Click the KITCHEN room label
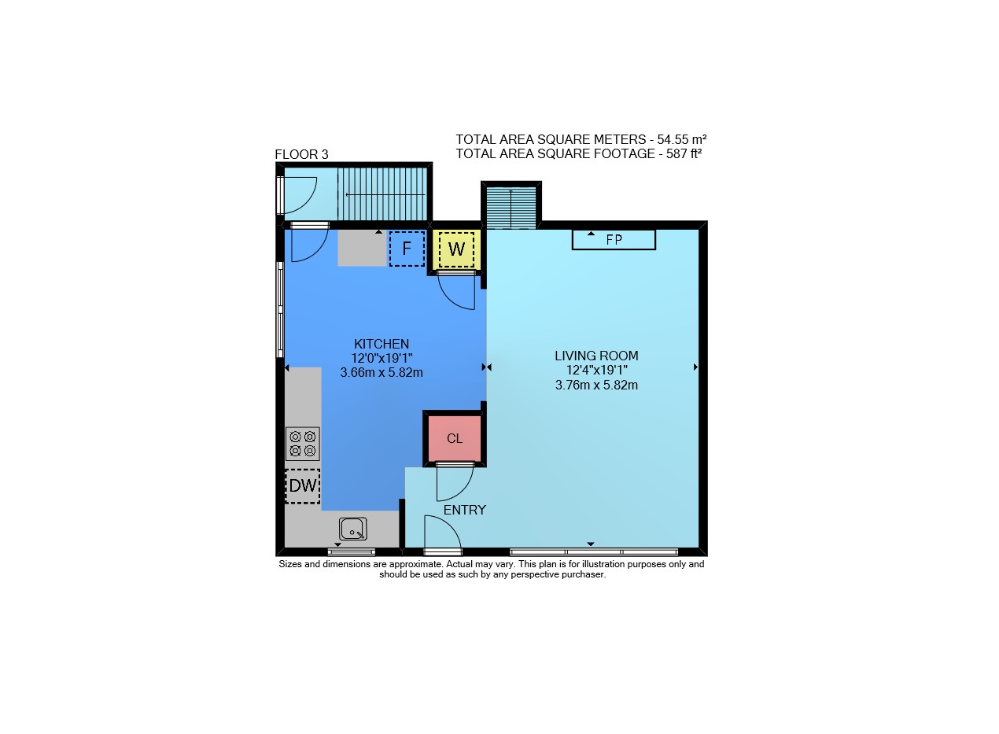pos(382,344)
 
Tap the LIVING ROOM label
pos(596,356)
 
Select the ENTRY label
pos(464,510)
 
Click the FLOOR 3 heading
pos(301,155)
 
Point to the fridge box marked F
pos(407,249)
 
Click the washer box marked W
pos(456,249)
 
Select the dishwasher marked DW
pos(303,486)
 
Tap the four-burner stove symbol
pos(303,444)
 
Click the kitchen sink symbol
pos(352,529)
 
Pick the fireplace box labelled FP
pos(614,240)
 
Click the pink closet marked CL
pos(455,439)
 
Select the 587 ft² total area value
pos(684,154)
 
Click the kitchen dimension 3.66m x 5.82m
pos(382,372)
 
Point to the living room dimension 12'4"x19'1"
pos(597,370)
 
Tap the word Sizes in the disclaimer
pos(290,564)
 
